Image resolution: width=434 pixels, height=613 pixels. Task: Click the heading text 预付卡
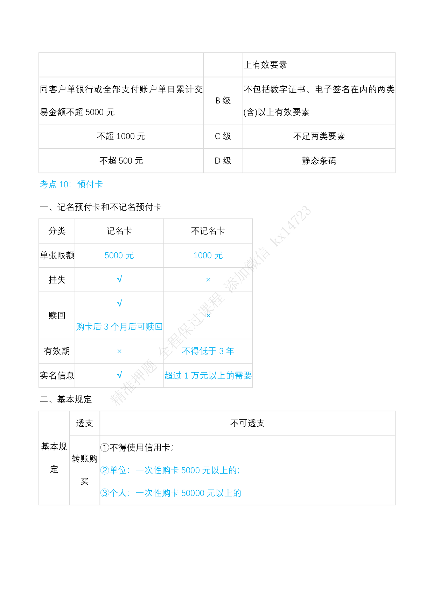tap(90, 185)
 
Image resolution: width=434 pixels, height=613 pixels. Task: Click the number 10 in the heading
tap(64, 185)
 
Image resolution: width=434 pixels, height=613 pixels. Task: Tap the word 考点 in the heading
tap(48, 185)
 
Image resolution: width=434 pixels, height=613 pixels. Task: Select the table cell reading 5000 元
tap(119, 255)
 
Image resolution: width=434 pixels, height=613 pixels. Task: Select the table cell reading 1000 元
tap(208, 255)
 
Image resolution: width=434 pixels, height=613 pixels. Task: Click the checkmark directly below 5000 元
tap(119, 279)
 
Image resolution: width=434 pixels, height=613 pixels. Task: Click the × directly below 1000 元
tap(208, 280)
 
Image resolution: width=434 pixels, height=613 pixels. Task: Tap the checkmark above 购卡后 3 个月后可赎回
tap(119, 303)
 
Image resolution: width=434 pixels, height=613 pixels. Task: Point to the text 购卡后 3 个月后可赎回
tap(119, 327)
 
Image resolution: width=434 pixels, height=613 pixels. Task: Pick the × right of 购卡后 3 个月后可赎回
tap(208, 316)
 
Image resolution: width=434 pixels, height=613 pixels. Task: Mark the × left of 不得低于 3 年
tap(119, 351)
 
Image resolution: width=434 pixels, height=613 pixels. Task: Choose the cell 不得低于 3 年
tap(208, 351)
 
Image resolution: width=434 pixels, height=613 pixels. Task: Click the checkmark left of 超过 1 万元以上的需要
tap(119, 375)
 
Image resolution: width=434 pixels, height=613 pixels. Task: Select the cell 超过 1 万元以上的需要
tap(208, 376)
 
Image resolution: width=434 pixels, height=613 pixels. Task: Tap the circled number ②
tap(105, 470)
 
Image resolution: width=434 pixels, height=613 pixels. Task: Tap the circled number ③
tap(105, 493)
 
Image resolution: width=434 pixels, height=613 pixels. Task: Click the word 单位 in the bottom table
tap(118, 470)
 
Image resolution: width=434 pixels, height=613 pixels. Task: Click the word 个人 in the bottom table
tap(118, 493)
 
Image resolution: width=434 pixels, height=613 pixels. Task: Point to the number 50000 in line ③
tap(192, 493)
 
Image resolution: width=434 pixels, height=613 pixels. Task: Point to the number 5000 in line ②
tap(190, 470)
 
